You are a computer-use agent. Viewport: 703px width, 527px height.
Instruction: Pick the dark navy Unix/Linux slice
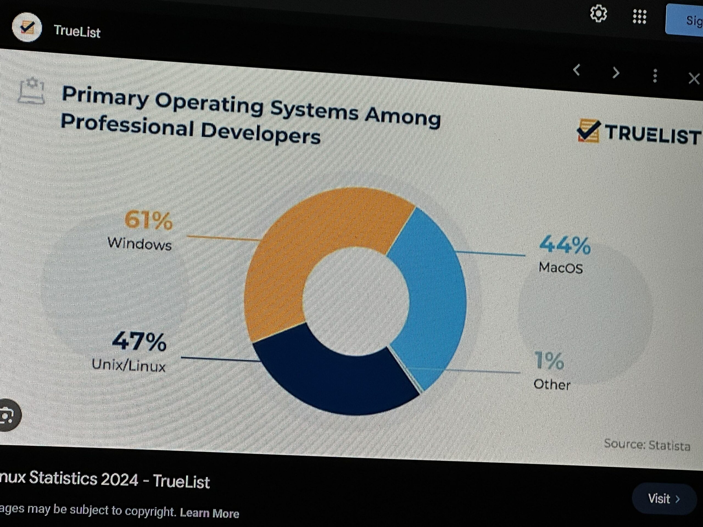pyautogui.click(x=334, y=381)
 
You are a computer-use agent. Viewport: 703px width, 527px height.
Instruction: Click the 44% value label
pyautogui.click(x=565, y=245)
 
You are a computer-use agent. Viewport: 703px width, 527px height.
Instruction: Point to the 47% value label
pyautogui.click(x=139, y=341)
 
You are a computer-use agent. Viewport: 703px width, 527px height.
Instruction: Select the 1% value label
pyautogui.click(x=549, y=361)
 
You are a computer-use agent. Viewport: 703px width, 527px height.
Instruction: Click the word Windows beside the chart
pyautogui.click(x=140, y=244)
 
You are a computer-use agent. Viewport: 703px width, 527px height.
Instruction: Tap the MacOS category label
pyautogui.click(x=561, y=268)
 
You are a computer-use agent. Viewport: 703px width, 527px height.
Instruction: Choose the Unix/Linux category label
pyautogui.click(x=129, y=365)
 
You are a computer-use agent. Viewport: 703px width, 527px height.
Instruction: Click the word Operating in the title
pyautogui.click(x=209, y=105)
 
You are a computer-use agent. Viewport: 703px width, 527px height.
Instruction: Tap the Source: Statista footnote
pyautogui.click(x=647, y=445)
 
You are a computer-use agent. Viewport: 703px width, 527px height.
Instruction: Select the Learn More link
pyautogui.click(x=210, y=513)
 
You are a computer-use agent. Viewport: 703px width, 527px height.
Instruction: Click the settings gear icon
pyautogui.click(x=598, y=14)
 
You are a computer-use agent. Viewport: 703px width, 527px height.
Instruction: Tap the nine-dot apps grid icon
pyautogui.click(x=640, y=16)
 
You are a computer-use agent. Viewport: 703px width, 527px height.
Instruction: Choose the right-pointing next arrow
pyautogui.click(x=616, y=73)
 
